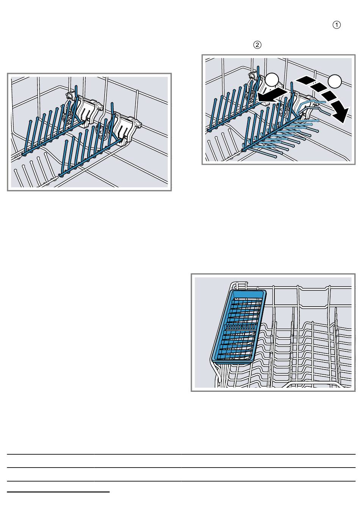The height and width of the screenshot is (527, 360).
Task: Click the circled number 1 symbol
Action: (x=337, y=25)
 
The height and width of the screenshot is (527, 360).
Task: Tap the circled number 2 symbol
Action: (x=257, y=45)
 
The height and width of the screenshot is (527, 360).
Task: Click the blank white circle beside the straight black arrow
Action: (x=272, y=80)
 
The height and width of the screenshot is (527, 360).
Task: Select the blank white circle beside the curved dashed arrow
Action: (x=335, y=81)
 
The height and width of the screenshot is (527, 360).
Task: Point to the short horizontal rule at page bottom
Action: (x=58, y=492)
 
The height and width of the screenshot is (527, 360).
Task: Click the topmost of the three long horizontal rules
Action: (x=181, y=454)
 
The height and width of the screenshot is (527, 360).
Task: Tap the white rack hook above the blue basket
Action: (x=240, y=285)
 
